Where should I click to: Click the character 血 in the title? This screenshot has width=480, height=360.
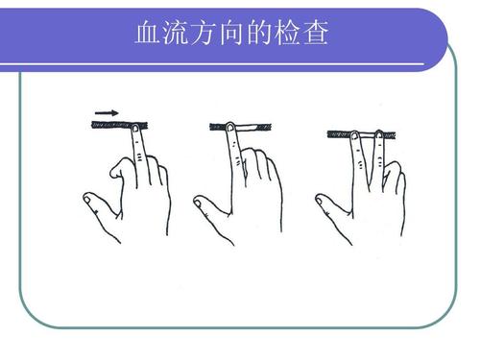[151, 36]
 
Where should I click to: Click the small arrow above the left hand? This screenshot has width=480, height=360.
[107, 113]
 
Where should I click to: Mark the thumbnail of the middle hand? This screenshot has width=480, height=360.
[200, 201]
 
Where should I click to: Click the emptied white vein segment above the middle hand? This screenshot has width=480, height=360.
[251, 125]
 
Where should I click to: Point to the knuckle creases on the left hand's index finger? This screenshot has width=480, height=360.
[141, 154]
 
